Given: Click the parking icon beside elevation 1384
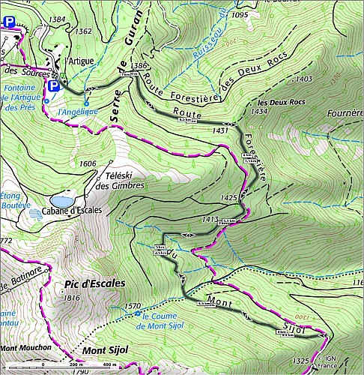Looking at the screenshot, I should [x=9, y=23].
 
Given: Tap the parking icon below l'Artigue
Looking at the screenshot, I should [x=53, y=88].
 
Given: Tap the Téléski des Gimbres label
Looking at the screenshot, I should [x=124, y=181].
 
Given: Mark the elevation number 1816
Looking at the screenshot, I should [x=72, y=298].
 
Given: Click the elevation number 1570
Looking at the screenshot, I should [x=132, y=306].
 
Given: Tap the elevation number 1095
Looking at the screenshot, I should [x=240, y=14].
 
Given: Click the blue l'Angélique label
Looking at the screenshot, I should [x=78, y=112].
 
